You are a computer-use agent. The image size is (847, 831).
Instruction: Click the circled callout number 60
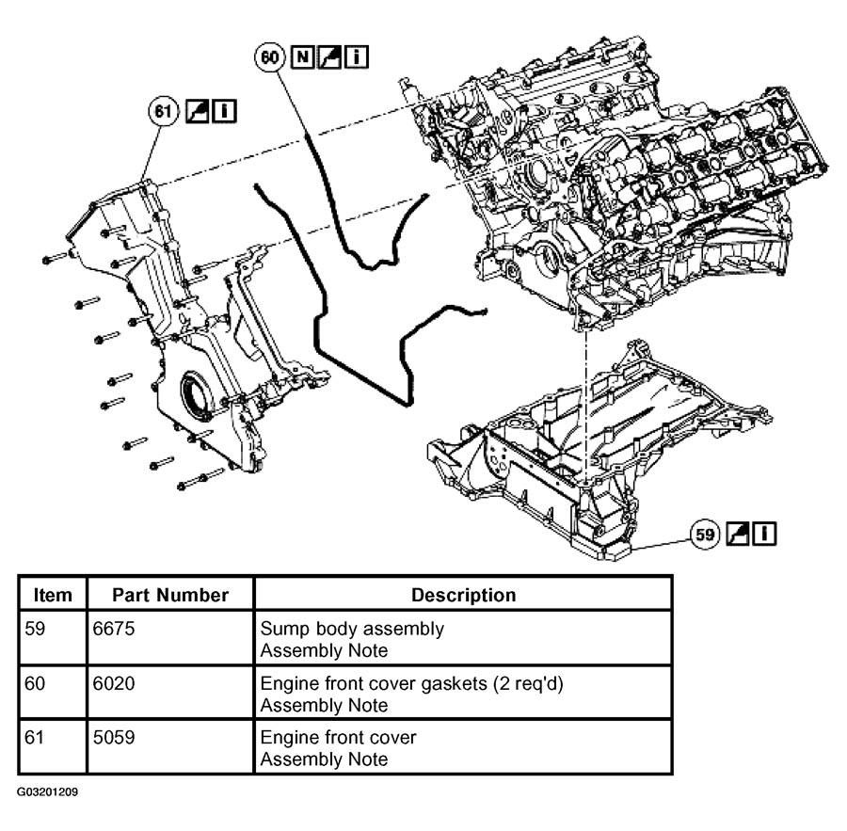click(x=270, y=56)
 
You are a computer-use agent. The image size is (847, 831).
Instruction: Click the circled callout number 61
click(x=163, y=111)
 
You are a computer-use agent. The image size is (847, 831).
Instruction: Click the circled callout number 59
click(x=706, y=535)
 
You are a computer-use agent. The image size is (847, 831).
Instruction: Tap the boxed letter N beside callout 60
click(x=302, y=56)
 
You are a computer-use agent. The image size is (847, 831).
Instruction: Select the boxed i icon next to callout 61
click(x=224, y=111)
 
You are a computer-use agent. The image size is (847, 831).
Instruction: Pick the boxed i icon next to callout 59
click(x=764, y=534)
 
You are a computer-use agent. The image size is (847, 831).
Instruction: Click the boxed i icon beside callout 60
click(x=357, y=56)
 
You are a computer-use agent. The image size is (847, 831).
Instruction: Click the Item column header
click(x=53, y=595)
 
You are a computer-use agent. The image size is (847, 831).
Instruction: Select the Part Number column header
click(x=170, y=595)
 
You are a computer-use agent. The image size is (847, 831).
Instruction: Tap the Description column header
click(x=463, y=595)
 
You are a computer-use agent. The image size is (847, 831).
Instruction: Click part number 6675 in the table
click(x=114, y=629)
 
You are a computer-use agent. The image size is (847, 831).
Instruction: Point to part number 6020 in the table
click(x=114, y=683)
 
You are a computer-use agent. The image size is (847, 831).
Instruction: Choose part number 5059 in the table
click(x=114, y=738)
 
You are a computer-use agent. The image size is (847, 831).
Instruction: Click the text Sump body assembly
click(x=352, y=629)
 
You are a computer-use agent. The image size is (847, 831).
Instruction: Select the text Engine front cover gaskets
click(x=374, y=684)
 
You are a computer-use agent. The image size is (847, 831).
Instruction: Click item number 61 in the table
click(x=34, y=738)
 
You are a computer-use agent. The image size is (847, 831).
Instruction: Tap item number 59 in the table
click(x=35, y=629)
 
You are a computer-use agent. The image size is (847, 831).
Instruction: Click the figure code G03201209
click(x=48, y=792)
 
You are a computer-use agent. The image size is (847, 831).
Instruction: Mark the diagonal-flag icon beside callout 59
click(x=738, y=534)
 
